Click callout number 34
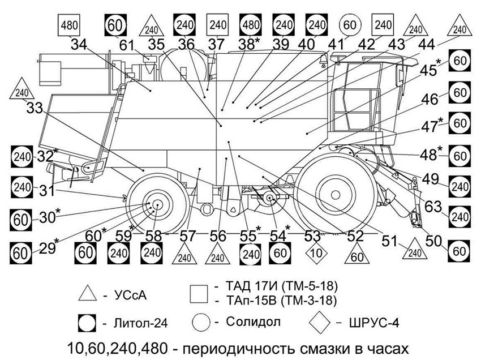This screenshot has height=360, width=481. (79, 45)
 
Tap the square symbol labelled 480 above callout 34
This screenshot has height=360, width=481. (69, 25)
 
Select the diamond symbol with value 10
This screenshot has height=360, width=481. (316, 253)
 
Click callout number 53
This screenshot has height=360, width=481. (312, 236)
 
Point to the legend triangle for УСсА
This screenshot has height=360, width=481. (87, 293)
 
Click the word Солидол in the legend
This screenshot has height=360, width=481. (253, 322)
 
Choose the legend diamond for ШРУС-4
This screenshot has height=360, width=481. (319, 322)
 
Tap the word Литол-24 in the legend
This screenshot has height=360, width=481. (140, 323)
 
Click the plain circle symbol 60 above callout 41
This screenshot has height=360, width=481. (350, 25)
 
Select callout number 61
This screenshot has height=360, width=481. (127, 45)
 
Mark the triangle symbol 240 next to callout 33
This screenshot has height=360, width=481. (22, 89)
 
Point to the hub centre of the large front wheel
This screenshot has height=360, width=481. (336, 195)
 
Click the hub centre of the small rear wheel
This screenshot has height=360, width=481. (157, 205)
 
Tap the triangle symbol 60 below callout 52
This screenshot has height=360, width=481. (357, 254)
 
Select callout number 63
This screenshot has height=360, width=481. (433, 207)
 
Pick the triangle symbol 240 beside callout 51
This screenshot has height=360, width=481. (415, 250)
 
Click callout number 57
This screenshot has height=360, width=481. (187, 236)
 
